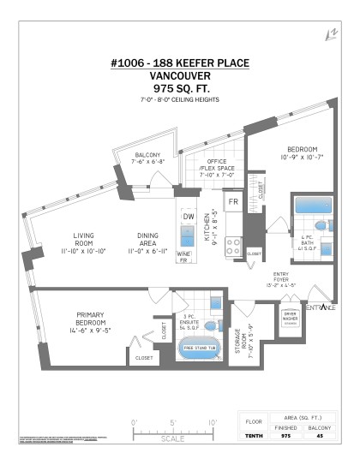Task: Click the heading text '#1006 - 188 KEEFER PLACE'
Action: tap(179, 63)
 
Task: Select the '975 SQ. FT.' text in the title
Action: tap(179, 87)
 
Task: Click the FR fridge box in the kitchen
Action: tap(231, 202)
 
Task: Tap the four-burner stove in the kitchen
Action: tap(232, 248)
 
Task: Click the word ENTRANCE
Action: tap(319, 307)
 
